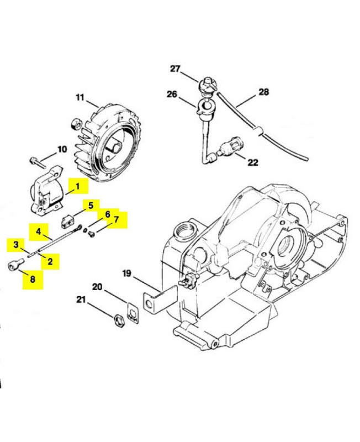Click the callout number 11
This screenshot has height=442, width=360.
(x=80, y=98)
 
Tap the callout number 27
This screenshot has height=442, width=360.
(x=175, y=69)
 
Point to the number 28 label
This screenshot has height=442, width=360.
(x=263, y=92)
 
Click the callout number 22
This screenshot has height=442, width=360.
(x=253, y=162)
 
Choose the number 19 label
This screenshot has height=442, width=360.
(x=126, y=272)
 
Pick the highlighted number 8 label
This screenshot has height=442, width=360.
(x=33, y=279)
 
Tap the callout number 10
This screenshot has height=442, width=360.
(x=61, y=149)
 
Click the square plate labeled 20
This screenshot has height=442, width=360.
(x=132, y=312)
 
